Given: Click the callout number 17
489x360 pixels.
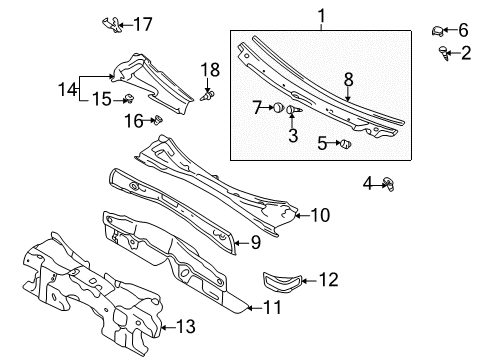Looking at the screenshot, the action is pos(143,24).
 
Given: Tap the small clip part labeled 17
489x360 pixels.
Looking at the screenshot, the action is pos(112,24).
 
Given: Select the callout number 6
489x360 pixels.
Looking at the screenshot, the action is pos(463,30).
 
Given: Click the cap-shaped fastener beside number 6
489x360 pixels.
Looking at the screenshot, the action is pos(437,31).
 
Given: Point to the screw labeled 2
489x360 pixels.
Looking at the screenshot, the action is pos(443,53).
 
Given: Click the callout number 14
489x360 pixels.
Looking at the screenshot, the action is pos(67,89).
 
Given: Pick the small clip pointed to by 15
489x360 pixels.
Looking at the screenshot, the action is pos(129,98).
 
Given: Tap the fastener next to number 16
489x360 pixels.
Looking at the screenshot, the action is pos(158,120).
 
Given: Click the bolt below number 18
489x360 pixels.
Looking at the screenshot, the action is pos(208,96).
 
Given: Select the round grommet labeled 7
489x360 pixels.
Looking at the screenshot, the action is pos(278,108).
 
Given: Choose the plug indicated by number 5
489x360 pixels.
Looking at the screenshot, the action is pos(346,144).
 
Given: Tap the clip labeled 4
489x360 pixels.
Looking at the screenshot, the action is pos(389,183).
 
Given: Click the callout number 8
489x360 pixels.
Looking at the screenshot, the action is pos(348,80).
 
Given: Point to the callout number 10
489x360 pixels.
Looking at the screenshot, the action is pos(320,215).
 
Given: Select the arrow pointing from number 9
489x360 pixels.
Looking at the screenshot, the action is pos(242,243).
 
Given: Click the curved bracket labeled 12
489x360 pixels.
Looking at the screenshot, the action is pos(282,282).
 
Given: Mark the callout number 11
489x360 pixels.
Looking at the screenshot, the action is pos(272,307).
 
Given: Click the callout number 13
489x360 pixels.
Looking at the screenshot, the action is pos(185,326).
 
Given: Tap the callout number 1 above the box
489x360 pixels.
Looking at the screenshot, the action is pos(321,16).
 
